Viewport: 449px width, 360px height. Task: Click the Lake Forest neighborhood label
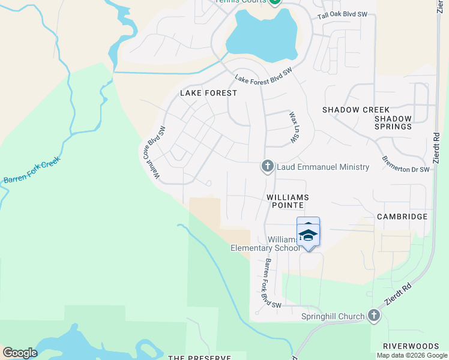[x=209, y=93]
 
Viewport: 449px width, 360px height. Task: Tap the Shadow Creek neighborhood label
[x=356, y=110]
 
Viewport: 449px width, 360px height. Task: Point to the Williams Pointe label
[x=288, y=201]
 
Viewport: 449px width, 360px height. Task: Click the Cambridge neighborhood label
[x=402, y=217]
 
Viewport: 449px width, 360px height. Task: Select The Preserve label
[x=199, y=358]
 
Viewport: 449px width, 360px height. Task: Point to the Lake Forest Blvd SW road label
[x=263, y=76]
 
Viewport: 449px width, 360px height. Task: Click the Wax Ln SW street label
[x=294, y=127]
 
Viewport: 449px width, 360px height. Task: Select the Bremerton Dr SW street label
[x=406, y=164]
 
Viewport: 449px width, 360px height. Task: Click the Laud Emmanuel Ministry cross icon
[x=268, y=166]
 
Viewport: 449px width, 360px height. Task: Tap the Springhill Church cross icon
[x=374, y=316]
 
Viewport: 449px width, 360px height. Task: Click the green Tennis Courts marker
[x=274, y=2]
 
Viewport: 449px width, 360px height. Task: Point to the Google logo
[x=20, y=352]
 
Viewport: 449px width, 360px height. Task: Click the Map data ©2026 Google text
[x=412, y=355]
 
